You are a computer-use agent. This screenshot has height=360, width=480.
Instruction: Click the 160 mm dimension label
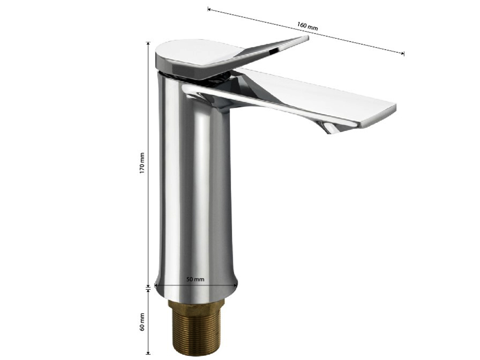pyautogui.click(x=307, y=26)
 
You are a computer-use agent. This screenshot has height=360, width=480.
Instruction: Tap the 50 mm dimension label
pyautogui.click(x=195, y=279)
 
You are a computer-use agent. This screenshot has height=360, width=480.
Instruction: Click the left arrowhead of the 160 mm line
pyautogui.click(x=209, y=10)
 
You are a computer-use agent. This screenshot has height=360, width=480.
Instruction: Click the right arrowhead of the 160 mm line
pyautogui.click(x=402, y=53)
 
